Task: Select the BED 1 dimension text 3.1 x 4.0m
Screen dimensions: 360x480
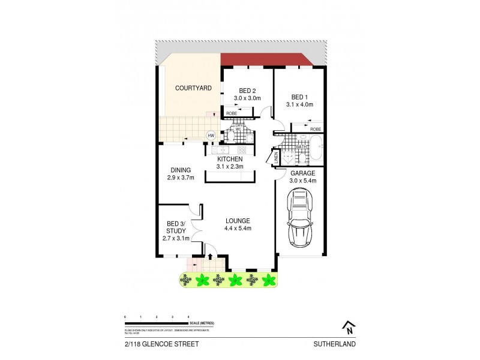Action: coord(300,104)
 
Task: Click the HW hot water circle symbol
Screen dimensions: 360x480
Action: coord(211,136)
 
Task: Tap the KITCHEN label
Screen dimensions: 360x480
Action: coord(229,159)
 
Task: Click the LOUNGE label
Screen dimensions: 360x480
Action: coord(238,221)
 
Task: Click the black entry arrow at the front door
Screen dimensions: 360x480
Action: coord(209,257)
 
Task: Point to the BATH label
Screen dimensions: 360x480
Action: coord(301,146)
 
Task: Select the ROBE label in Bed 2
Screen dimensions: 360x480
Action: coord(231,113)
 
